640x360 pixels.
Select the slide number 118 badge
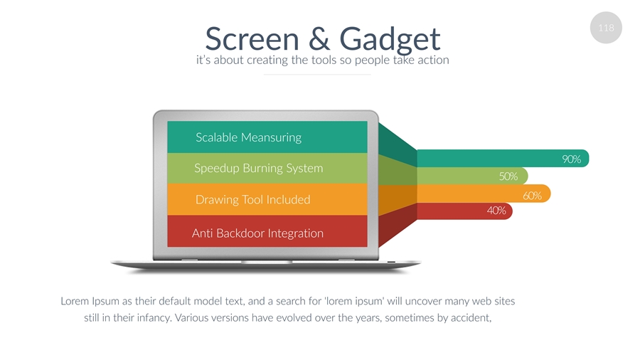(x=606, y=28)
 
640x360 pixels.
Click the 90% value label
(x=572, y=159)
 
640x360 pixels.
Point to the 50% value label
(x=508, y=176)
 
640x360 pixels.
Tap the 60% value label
(x=532, y=195)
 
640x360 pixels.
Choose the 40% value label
(x=496, y=211)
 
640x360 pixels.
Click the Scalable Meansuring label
(x=248, y=137)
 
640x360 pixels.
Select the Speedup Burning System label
(x=258, y=169)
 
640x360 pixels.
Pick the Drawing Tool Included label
(x=252, y=200)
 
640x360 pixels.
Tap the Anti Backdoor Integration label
(x=257, y=233)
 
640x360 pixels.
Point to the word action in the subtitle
(x=431, y=60)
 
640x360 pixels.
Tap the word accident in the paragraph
(x=467, y=317)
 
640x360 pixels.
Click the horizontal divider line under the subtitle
(x=317, y=74)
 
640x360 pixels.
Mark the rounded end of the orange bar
(x=546, y=194)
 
